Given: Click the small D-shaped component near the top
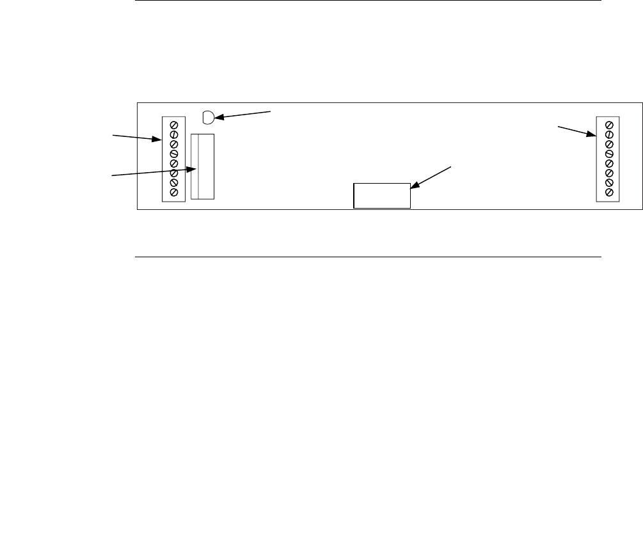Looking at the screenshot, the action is coord(208,117).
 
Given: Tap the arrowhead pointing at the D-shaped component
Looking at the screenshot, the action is coord(218,118).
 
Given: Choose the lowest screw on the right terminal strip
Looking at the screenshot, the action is coord(608,192).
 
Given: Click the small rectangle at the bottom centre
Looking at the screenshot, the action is coord(382,195).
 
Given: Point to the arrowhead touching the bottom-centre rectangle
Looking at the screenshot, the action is coord(413,186).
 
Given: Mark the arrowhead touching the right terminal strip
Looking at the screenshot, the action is coord(593,135).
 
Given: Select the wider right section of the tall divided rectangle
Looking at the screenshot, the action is coord(206,166).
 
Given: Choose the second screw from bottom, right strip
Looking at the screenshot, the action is coord(608,182).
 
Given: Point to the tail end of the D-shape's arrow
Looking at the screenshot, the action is coord(272,111).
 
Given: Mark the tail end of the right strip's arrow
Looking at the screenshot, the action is coord(559,127).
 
